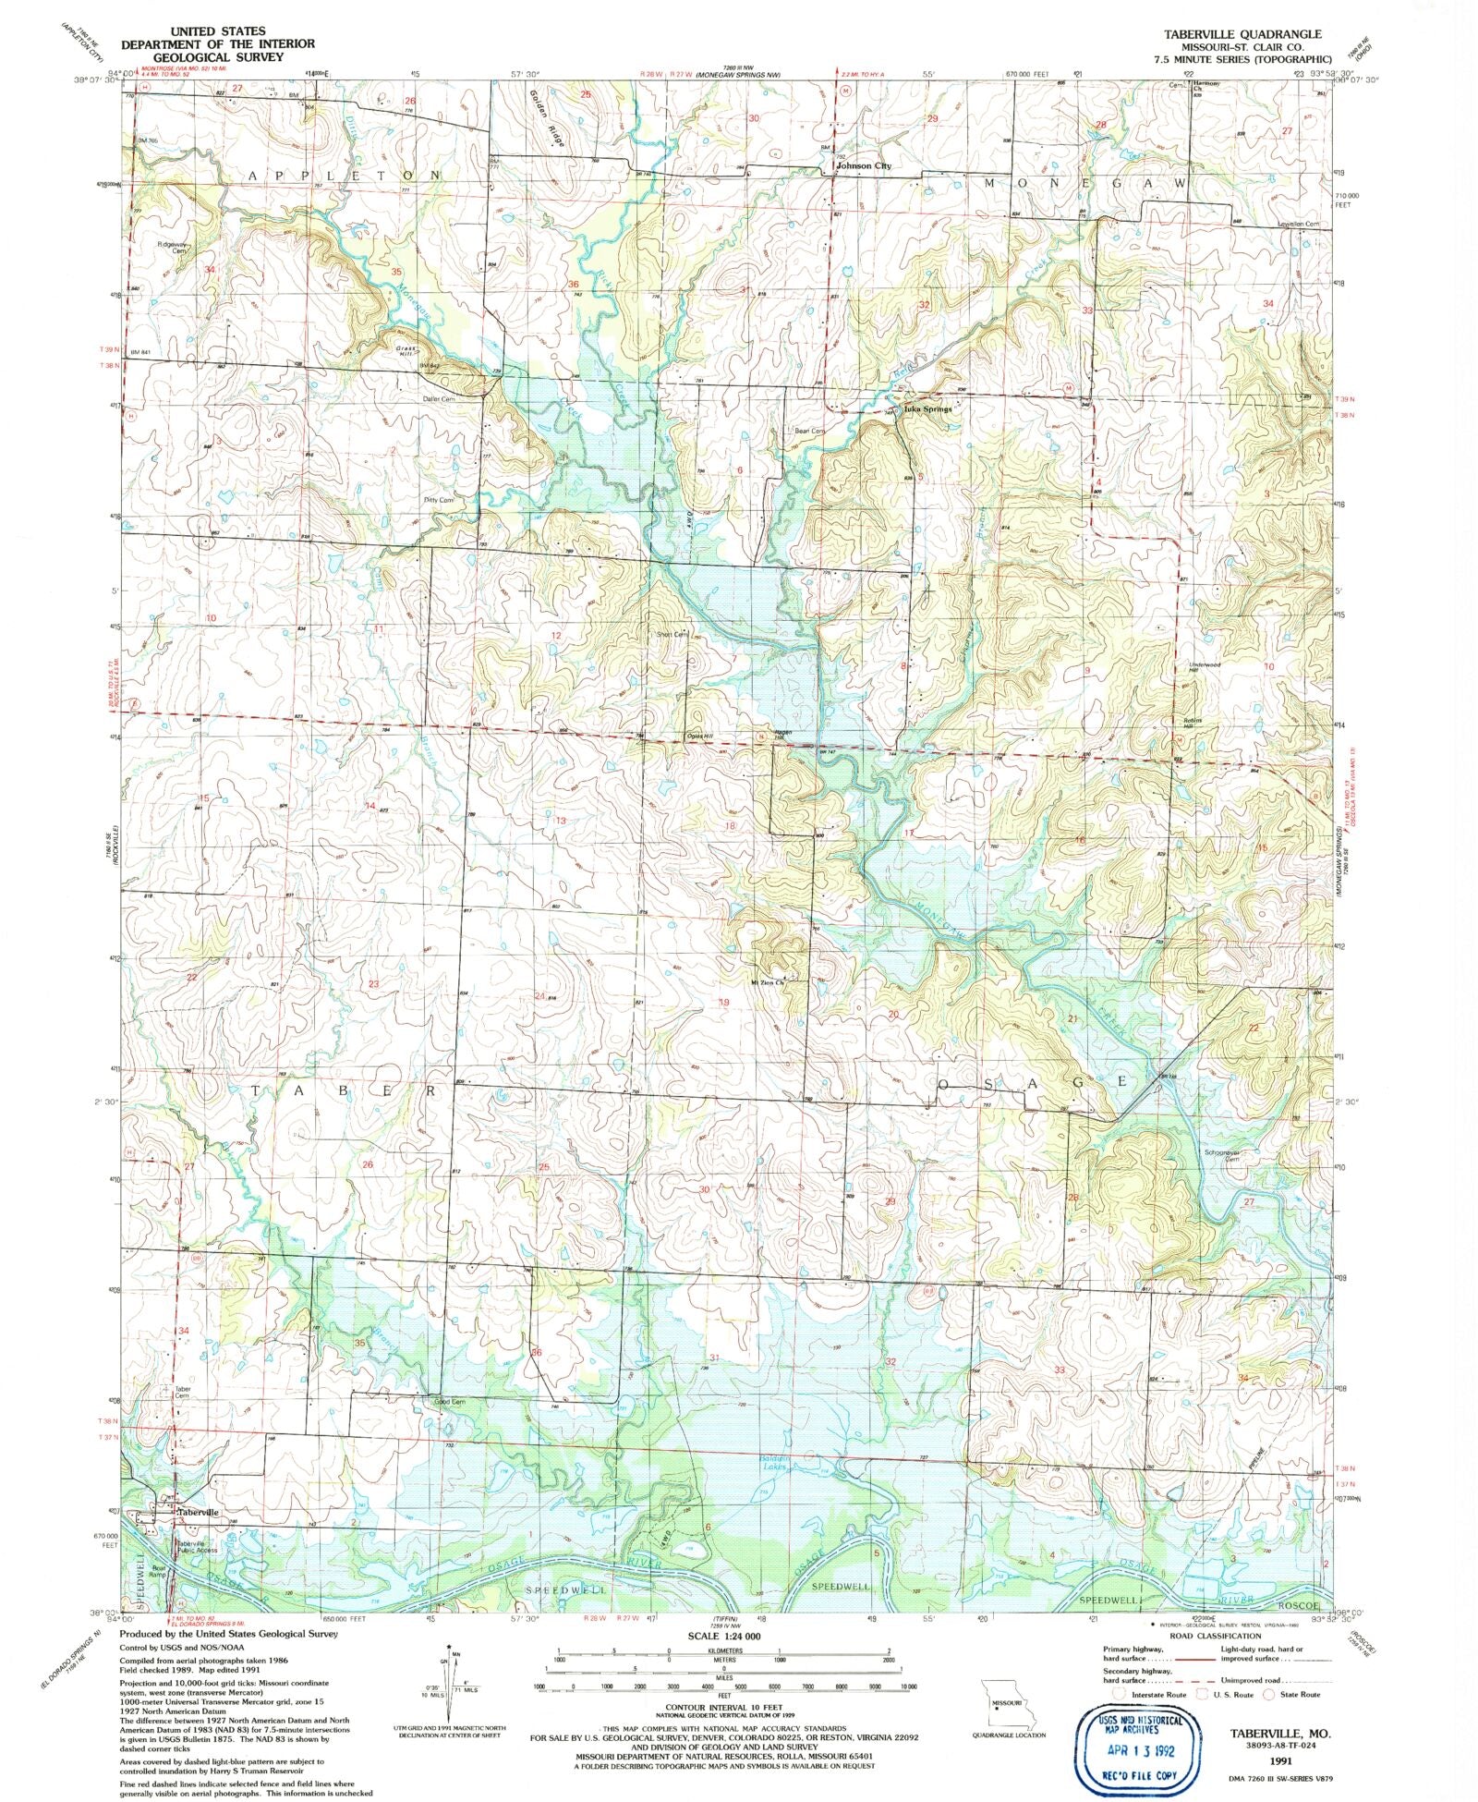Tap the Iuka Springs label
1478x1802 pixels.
(x=927, y=408)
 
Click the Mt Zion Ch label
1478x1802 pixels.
(x=768, y=981)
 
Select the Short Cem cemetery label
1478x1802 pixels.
(x=672, y=634)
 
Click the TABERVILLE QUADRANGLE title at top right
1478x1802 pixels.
(x=1235, y=33)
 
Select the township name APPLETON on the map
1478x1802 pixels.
(x=344, y=175)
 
